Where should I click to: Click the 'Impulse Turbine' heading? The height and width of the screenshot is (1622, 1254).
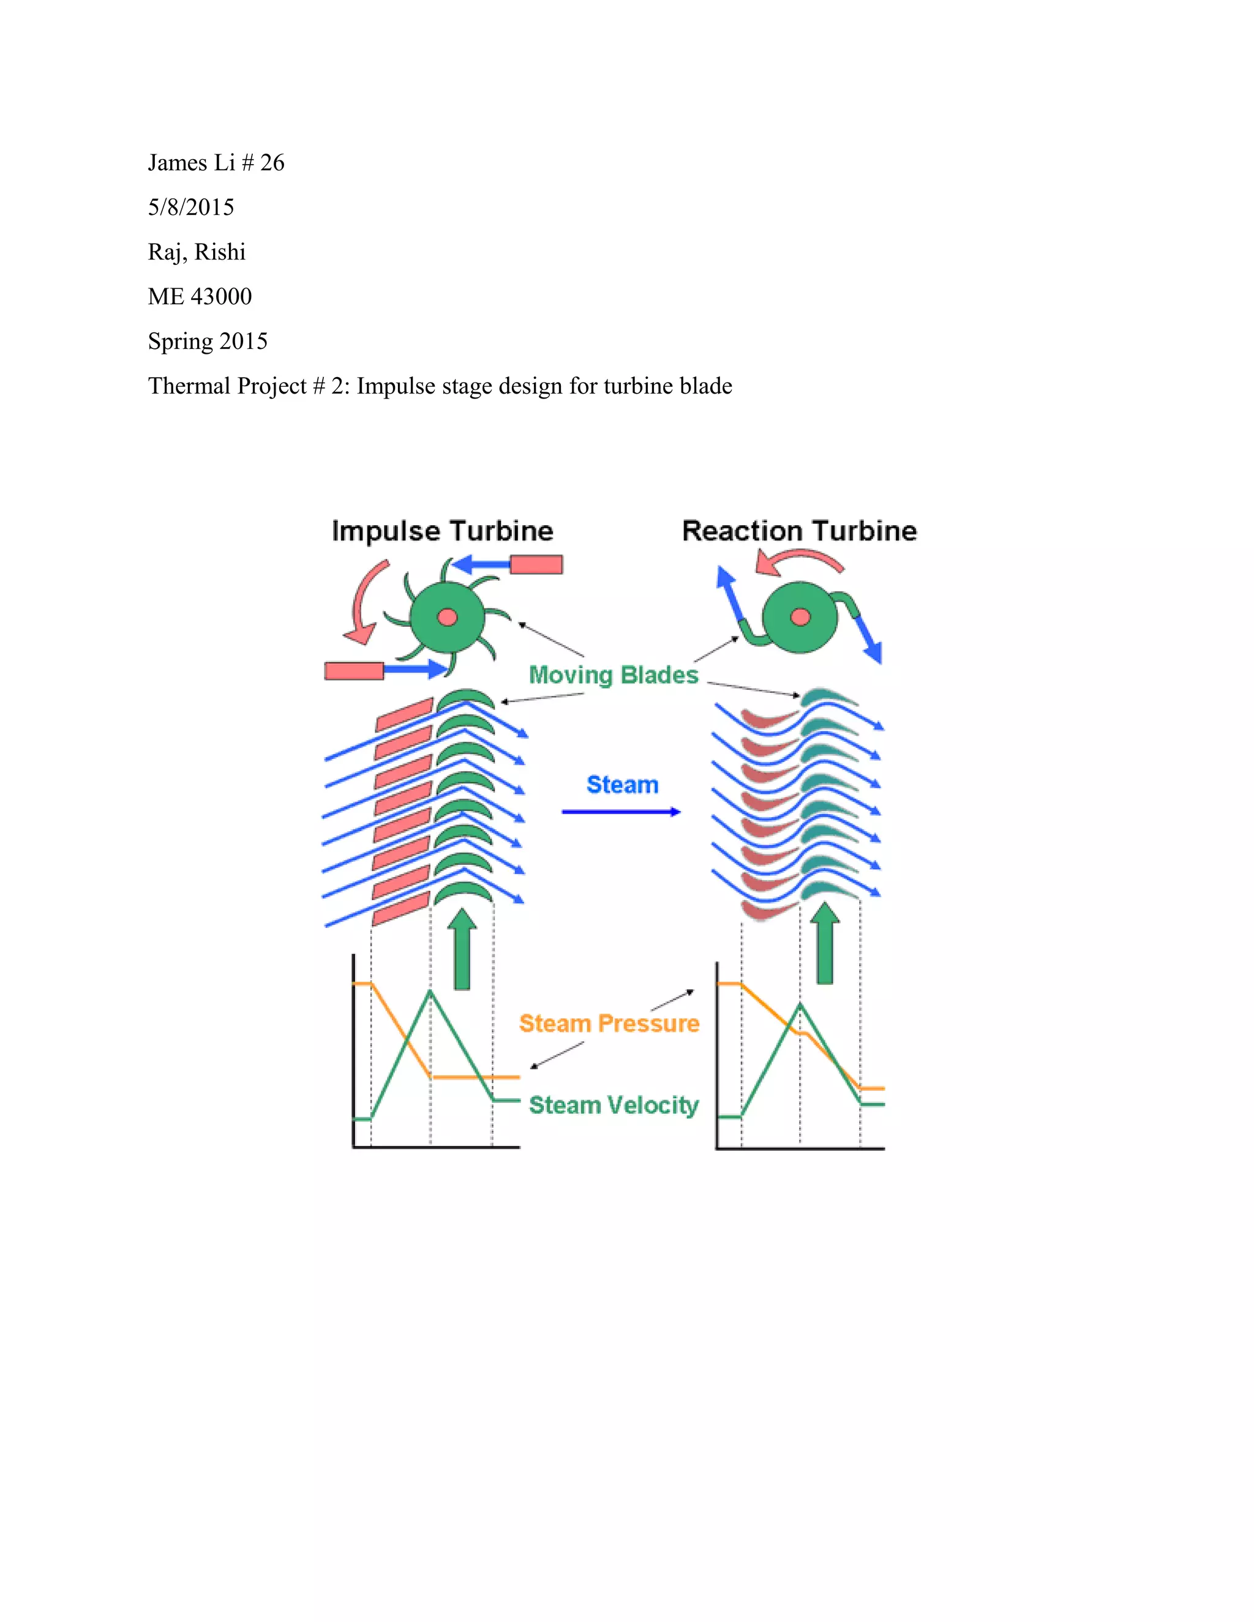[443, 532]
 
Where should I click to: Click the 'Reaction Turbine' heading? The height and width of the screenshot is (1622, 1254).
[799, 531]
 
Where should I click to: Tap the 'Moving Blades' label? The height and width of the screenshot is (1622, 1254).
[614, 675]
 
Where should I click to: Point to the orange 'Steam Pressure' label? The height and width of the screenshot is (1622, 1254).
[609, 1023]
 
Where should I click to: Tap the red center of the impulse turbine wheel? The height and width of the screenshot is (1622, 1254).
[447, 617]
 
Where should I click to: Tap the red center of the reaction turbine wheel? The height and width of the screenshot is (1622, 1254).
[800, 617]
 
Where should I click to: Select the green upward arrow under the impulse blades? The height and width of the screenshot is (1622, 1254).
[463, 949]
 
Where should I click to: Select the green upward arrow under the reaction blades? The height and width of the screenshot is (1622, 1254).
[825, 943]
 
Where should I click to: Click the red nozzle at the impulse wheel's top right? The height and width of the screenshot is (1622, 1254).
[536, 565]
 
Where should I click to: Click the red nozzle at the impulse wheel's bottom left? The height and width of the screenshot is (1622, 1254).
[355, 671]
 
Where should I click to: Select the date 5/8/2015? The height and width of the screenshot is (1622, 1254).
[191, 207]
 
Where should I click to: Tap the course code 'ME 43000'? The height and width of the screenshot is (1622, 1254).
[200, 296]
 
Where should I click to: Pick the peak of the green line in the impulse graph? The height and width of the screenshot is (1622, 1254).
[430, 990]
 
